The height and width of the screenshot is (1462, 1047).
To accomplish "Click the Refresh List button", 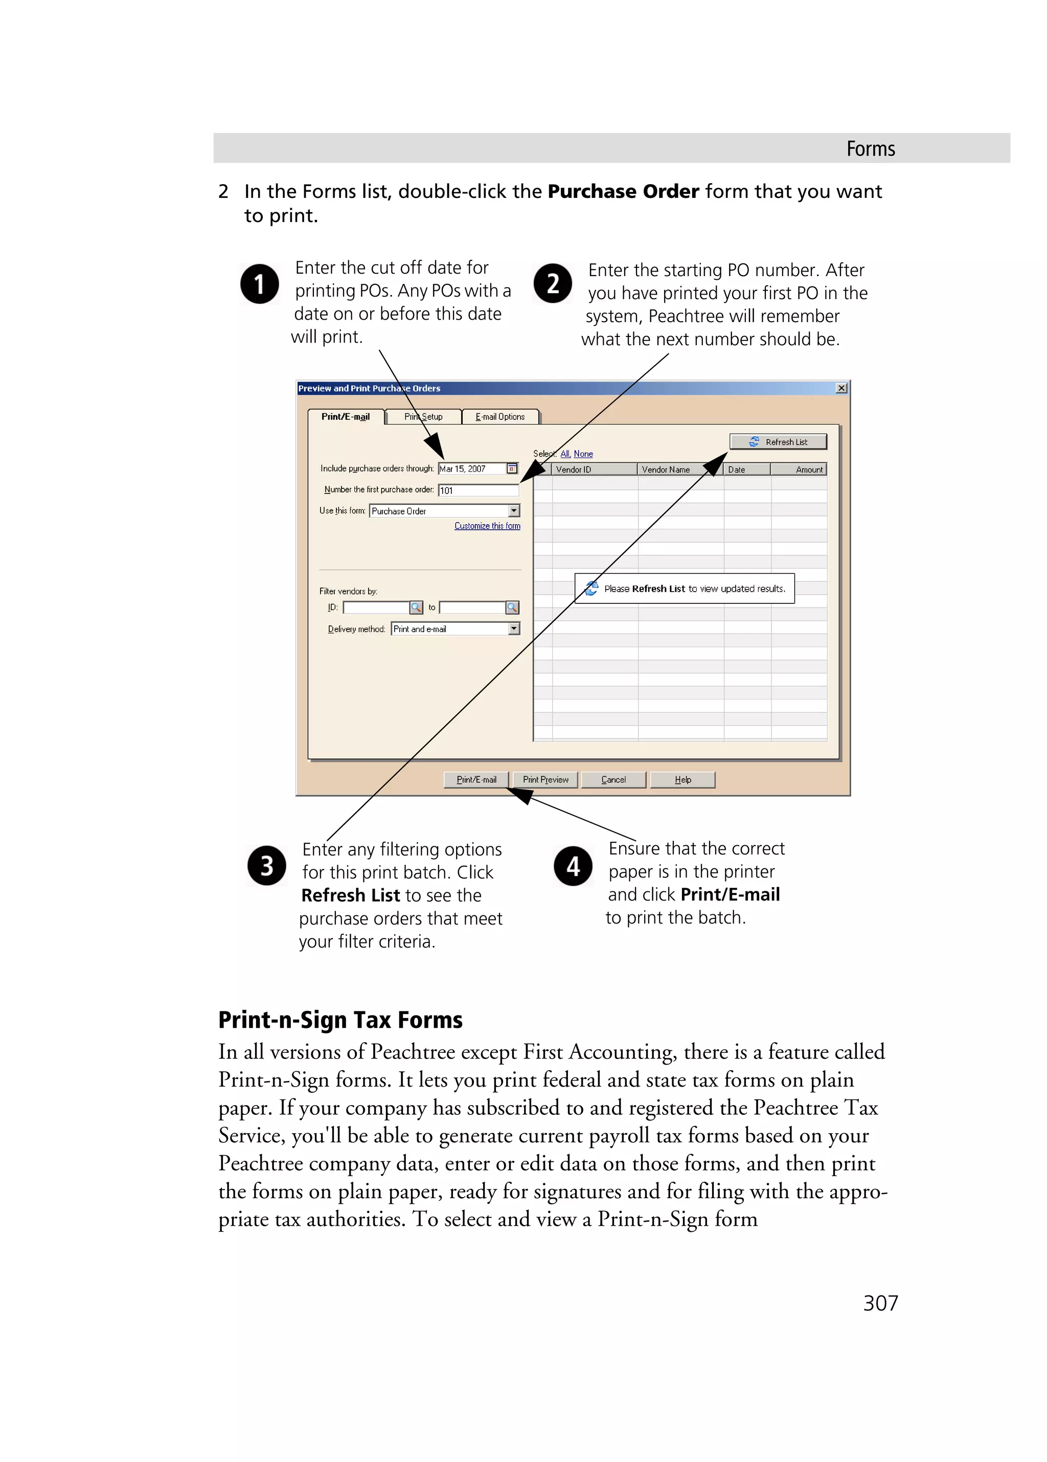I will coord(778,441).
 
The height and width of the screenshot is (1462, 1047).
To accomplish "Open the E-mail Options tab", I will coord(500,416).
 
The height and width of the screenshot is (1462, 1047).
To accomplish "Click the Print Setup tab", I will coord(423,416).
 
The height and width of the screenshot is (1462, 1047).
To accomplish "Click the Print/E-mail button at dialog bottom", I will coord(476,779).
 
